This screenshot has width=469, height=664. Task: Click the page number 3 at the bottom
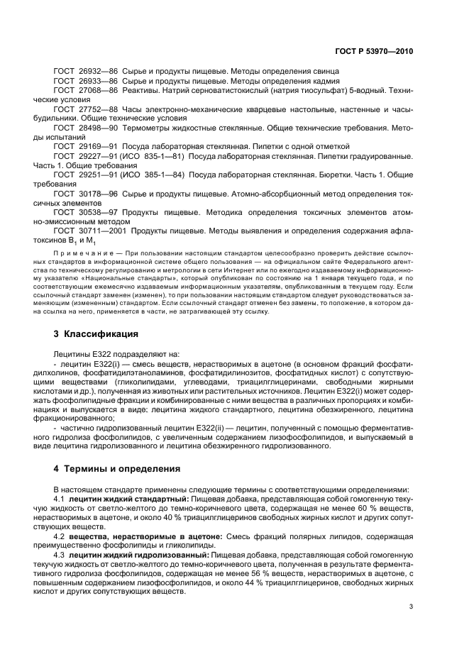(412, 607)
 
